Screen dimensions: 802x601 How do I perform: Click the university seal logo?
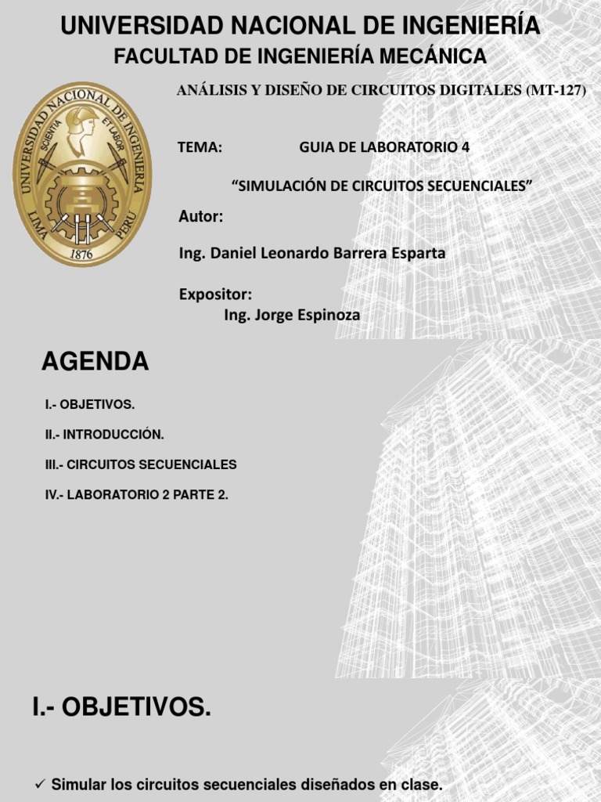point(83,175)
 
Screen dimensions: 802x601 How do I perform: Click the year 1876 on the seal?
point(82,253)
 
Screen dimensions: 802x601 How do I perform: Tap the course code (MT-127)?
point(556,91)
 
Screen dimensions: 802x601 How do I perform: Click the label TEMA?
point(200,147)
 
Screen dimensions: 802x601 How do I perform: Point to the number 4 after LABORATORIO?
point(466,147)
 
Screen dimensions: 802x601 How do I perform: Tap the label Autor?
point(201,217)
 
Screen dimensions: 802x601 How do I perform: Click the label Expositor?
point(215,294)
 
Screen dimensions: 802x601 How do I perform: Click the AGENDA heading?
point(95,362)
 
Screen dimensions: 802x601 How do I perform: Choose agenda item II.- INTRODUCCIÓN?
point(105,434)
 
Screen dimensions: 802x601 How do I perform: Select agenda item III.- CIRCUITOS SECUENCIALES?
point(141,464)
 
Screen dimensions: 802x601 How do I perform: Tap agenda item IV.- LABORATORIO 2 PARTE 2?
point(137,495)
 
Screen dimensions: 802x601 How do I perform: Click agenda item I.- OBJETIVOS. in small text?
point(90,404)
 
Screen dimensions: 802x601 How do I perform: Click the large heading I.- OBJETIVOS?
point(121,708)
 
